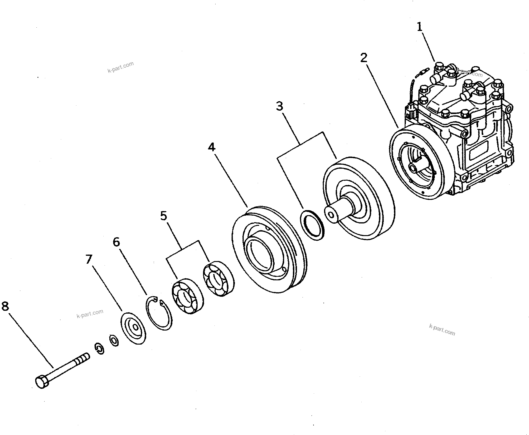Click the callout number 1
(x=420, y=27)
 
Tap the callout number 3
(x=280, y=106)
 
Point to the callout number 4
(x=212, y=147)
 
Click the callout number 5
(x=164, y=216)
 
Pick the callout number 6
(x=116, y=242)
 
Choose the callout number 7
(x=89, y=259)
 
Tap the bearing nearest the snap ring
(x=188, y=296)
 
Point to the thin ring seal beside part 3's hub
(x=312, y=225)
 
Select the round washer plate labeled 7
(x=133, y=328)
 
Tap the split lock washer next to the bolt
(x=100, y=349)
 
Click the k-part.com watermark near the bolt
(x=90, y=313)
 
